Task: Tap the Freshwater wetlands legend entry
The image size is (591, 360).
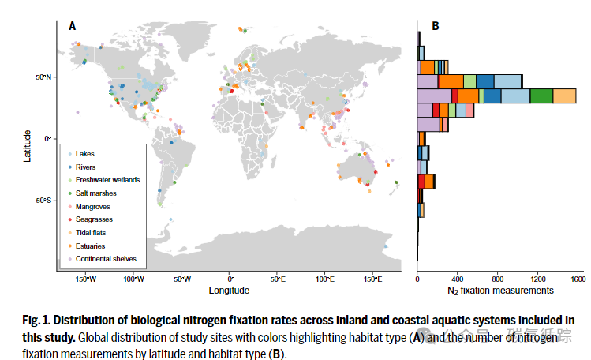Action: pyautogui.click(x=107, y=180)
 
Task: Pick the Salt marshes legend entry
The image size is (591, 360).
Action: pyautogui.click(x=95, y=193)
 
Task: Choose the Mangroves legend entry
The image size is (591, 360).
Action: pyautogui.click(x=92, y=206)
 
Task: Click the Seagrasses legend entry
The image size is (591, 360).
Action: pyautogui.click(x=94, y=219)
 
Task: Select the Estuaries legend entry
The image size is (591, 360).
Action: pyautogui.click(x=91, y=246)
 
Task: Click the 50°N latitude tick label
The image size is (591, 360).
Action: pyautogui.click(x=43, y=77)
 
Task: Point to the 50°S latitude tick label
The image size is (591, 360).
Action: pyautogui.click(x=43, y=201)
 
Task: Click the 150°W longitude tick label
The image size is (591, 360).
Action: pyautogui.click(x=86, y=279)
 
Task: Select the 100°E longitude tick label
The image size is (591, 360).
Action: pyautogui.click(x=325, y=279)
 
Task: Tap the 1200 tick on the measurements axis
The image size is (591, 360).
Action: pyautogui.click(x=538, y=279)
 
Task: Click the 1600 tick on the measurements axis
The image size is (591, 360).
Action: pyautogui.click(x=578, y=279)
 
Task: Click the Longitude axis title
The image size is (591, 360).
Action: pyautogui.click(x=229, y=291)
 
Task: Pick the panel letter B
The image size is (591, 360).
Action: pyautogui.click(x=436, y=26)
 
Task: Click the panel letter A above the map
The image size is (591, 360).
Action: pyautogui.click(x=73, y=26)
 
